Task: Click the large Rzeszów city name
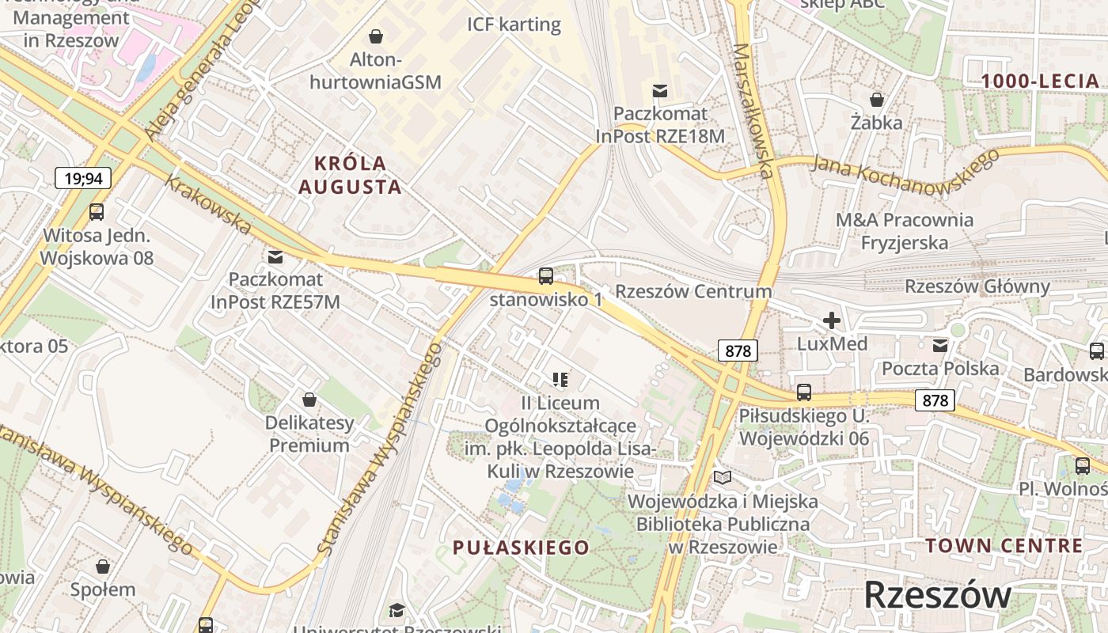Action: point(937,595)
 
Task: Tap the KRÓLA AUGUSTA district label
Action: point(359,175)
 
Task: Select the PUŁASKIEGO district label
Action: point(521,548)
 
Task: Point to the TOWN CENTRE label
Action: point(1004,545)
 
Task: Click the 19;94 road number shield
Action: point(83,178)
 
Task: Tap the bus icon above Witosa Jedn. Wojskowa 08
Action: point(97,212)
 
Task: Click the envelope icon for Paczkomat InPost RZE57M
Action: point(275,257)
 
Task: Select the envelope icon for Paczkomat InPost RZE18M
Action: point(660,91)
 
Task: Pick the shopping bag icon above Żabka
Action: point(877,100)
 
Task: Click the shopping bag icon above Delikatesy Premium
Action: point(309,400)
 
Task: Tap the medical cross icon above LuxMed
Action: point(831,320)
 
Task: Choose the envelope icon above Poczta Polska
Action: point(940,346)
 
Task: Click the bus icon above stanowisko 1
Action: point(546,276)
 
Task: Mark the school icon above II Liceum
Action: point(560,381)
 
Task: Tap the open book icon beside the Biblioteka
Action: point(723,477)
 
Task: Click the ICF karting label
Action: point(514,25)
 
